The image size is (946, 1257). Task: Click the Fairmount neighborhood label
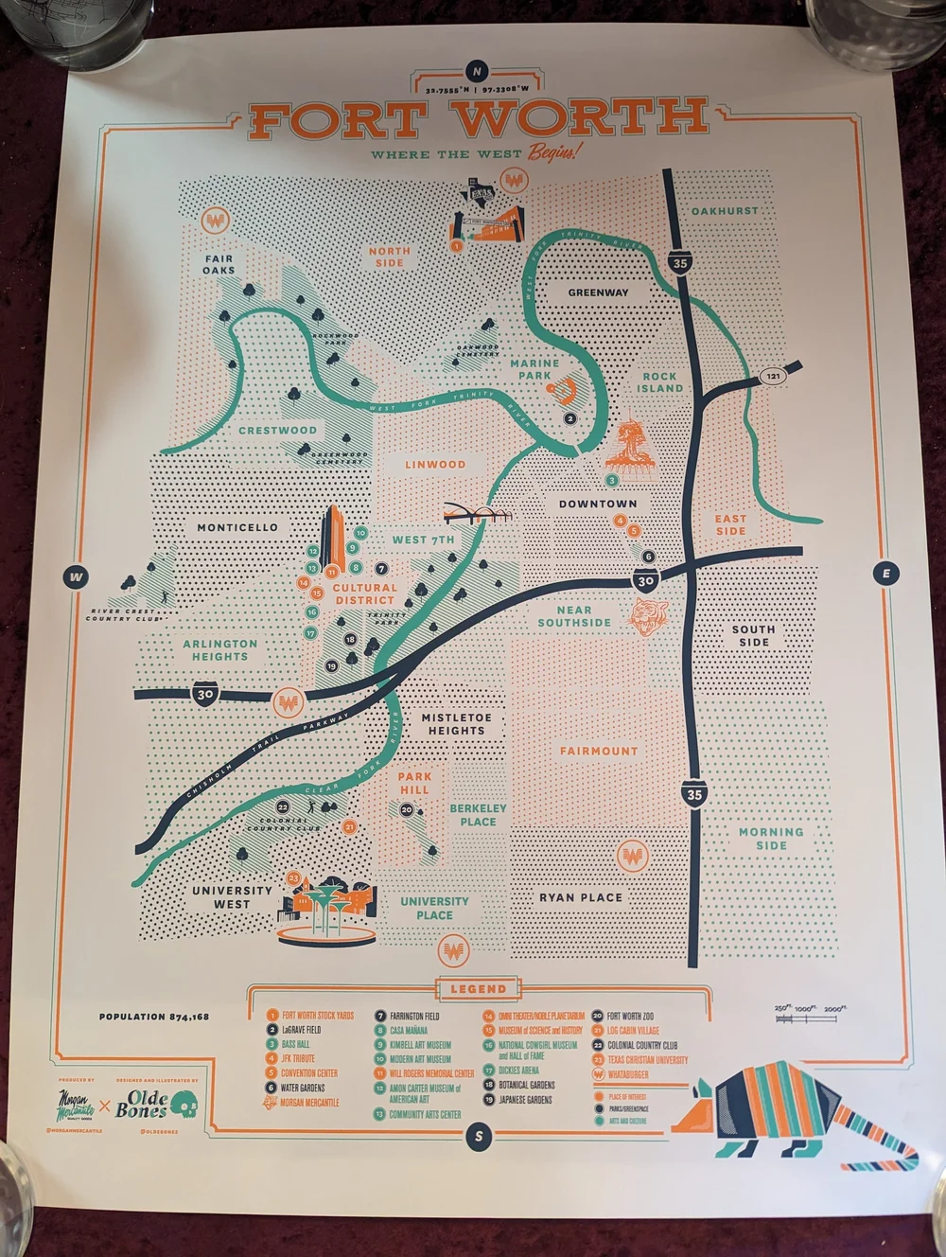598,751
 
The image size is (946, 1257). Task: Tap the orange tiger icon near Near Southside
649,616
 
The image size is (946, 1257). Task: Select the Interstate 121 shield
775,376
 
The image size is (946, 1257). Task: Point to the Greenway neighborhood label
598,292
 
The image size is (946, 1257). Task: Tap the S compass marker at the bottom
480,1137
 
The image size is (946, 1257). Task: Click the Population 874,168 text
154,1017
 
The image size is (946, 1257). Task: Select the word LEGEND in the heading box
478,989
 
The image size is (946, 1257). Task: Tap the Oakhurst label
724,210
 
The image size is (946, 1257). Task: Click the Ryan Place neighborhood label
581,896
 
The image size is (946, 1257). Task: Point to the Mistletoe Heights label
456,724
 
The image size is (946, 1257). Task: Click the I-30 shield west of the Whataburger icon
206,694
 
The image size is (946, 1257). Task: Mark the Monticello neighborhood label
237,527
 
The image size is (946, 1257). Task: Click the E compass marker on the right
885,574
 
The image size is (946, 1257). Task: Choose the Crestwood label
277,430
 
